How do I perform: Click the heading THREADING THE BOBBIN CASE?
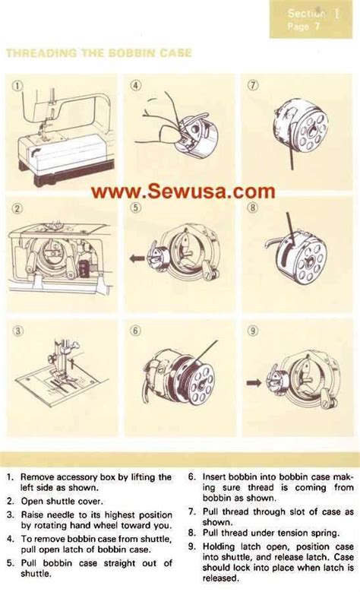pyautogui.click(x=99, y=53)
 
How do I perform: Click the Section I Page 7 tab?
pyautogui.click(x=313, y=19)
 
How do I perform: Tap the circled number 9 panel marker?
pyautogui.click(x=253, y=331)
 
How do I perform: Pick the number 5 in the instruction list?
pyautogui.click(x=10, y=564)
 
